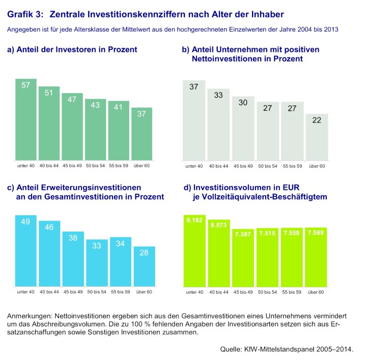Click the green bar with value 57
[26, 119]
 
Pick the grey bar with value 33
[218, 124]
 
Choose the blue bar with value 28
[144, 266]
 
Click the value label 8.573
[218, 224]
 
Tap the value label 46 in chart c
[49, 227]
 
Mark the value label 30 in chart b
[243, 102]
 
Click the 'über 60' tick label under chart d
[316, 292]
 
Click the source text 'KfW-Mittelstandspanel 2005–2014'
[302, 349]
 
